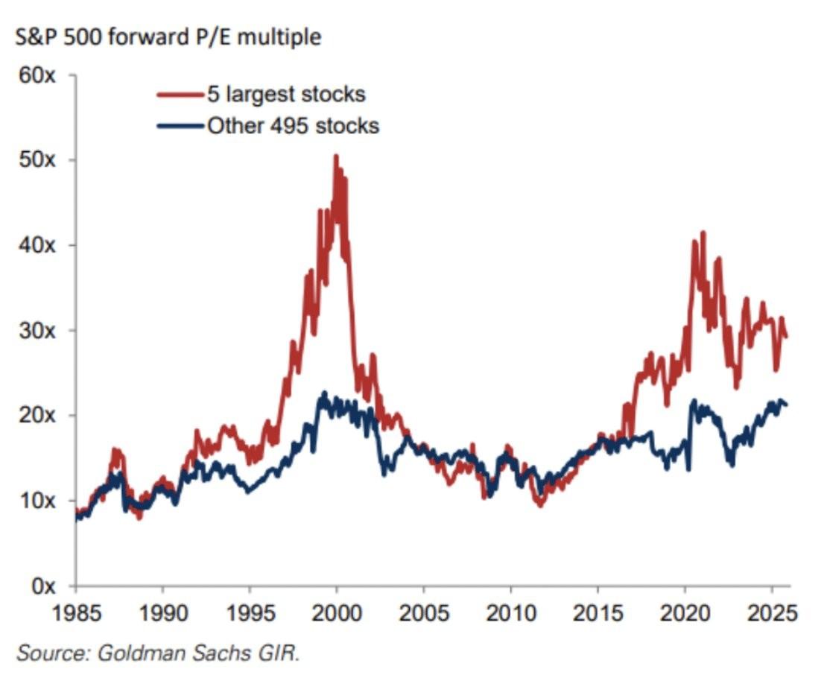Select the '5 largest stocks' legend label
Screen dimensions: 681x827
tap(286, 95)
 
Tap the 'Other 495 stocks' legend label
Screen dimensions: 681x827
tap(293, 125)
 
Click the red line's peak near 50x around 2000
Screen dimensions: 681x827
tap(336, 156)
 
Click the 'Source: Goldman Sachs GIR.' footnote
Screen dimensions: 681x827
tap(158, 653)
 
